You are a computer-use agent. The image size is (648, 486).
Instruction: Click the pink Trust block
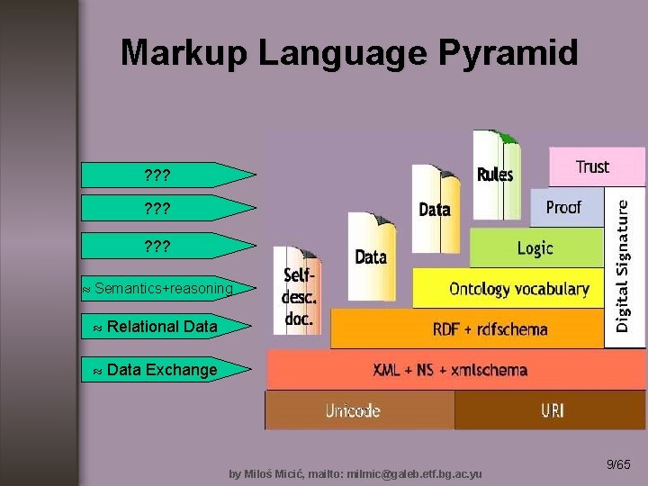tap(593, 166)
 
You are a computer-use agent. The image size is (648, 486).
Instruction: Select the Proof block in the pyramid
tap(564, 207)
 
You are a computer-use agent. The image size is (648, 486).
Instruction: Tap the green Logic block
tap(535, 247)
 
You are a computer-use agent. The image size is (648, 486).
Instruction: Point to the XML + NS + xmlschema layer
tap(450, 369)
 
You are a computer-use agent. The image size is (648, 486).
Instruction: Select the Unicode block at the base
tap(353, 410)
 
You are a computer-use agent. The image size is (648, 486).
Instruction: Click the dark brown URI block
tap(552, 410)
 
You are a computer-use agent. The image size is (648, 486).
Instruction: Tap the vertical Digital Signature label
tap(624, 266)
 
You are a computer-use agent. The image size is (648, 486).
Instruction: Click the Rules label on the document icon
tap(494, 175)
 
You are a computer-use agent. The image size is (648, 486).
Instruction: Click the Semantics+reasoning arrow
tap(163, 289)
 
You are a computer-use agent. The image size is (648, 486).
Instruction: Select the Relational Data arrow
tap(161, 327)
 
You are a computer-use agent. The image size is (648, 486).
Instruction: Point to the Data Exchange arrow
tap(161, 369)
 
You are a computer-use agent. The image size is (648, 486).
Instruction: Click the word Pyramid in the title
tap(508, 53)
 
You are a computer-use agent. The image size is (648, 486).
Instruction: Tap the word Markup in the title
tap(184, 53)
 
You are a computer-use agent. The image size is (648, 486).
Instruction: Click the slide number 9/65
tap(618, 464)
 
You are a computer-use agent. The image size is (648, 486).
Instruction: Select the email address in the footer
tap(414, 473)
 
